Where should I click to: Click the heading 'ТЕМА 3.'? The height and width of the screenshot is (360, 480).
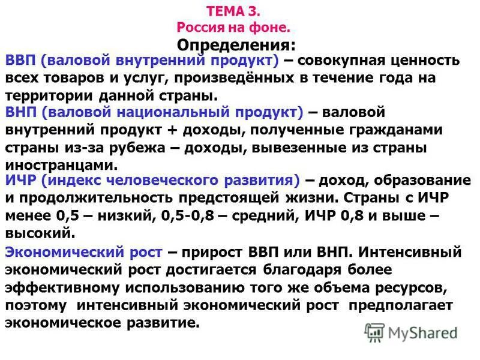coord(234,11)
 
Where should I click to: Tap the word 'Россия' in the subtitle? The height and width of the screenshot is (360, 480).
coord(202,27)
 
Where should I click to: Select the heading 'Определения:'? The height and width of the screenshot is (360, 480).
coord(236,45)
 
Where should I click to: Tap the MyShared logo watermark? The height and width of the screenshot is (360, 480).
coord(412,332)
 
